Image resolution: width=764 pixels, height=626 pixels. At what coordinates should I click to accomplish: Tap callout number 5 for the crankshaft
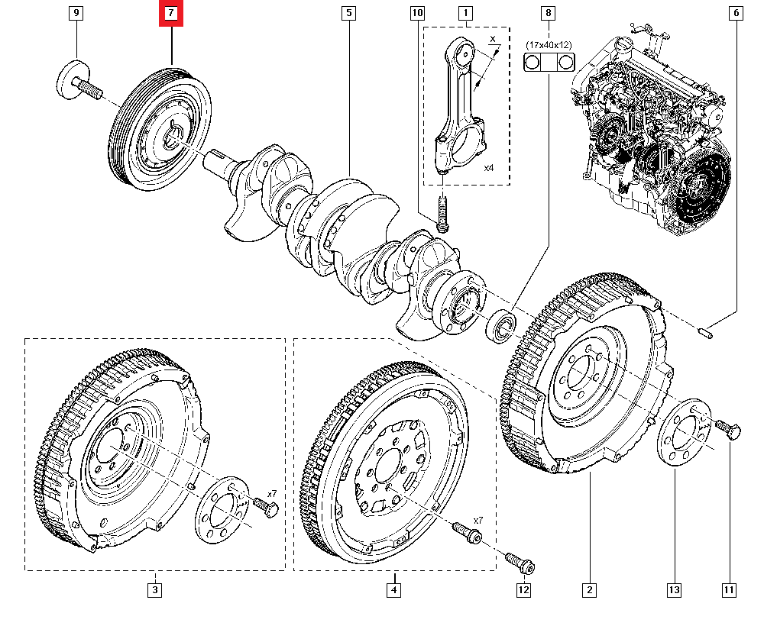pyautogui.click(x=348, y=14)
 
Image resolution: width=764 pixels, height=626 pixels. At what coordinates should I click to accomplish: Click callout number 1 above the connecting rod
pyautogui.click(x=465, y=14)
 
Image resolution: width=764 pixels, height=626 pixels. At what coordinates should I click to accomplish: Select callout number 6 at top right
pyautogui.click(x=736, y=14)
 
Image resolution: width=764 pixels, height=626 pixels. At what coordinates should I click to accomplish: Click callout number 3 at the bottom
pyautogui.click(x=155, y=589)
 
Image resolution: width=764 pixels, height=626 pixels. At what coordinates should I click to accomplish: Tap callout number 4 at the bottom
pyautogui.click(x=393, y=589)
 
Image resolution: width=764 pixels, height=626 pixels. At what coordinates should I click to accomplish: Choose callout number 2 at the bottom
pyautogui.click(x=589, y=589)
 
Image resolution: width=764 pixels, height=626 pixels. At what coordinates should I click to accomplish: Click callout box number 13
pyautogui.click(x=676, y=589)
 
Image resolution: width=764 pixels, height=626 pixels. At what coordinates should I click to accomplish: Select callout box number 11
pyautogui.click(x=729, y=589)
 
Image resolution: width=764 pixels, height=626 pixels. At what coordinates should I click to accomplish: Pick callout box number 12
pyautogui.click(x=523, y=589)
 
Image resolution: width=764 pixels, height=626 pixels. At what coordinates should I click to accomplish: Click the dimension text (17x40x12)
pyautogui.click(x=548, y=46)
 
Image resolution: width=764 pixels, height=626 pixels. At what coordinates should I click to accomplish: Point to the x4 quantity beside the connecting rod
pyautogui.click(x=489, y=167)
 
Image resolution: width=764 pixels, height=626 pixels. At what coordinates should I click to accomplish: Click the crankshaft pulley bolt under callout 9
pyautogui.click(x=79, y=83)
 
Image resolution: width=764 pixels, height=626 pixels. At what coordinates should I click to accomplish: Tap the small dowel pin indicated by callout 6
pyautogui.click(x=706, y=331)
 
